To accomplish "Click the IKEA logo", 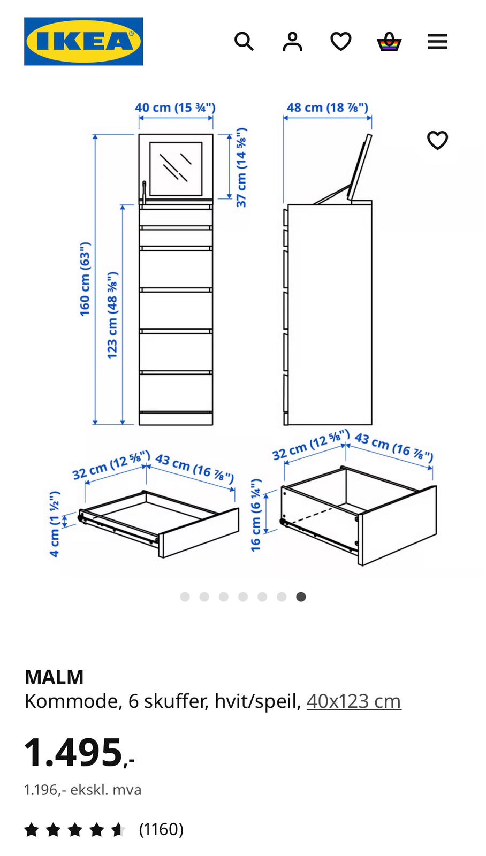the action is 83,41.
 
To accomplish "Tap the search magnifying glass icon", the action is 244,41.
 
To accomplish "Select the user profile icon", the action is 293,41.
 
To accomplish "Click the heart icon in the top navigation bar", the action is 341,41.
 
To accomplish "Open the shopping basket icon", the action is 389,41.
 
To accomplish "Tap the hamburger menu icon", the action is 437,41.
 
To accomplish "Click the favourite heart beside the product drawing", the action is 437,140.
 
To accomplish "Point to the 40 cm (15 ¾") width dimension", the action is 175,108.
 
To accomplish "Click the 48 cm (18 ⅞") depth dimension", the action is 328,108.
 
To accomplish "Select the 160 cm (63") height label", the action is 85,279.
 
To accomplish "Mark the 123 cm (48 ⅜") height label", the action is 112,315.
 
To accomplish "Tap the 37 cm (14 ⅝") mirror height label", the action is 241,167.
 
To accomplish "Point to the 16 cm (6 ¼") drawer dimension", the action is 255,515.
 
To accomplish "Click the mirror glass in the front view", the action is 176,169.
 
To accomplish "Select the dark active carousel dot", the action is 301,597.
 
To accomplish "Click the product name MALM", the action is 54,677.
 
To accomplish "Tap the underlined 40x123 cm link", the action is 354,701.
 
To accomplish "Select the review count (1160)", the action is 161,829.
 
